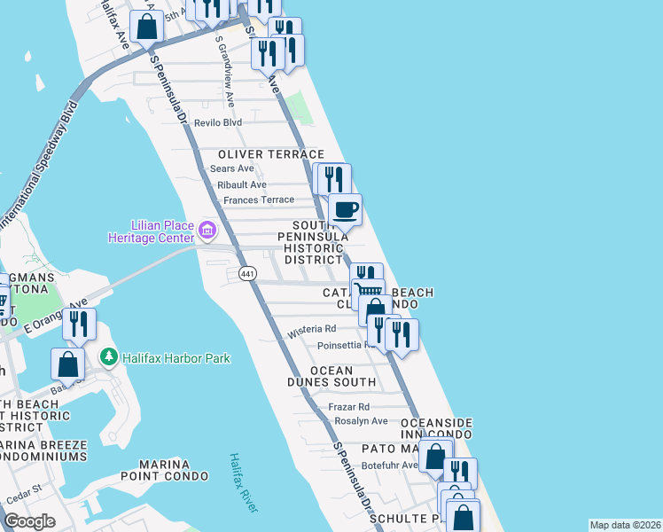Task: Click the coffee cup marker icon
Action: click(345, 211)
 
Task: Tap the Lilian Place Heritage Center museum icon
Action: click(207, 231)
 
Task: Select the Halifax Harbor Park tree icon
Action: click(109, 357)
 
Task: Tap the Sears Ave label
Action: click(231, 168)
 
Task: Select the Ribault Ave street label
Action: click(241, 184)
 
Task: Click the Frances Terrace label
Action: click(258, 200)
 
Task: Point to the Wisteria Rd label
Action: click(310, 332)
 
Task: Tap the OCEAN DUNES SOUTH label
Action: click(331, 377)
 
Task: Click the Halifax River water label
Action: click(243, 482)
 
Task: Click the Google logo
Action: click(29, 521)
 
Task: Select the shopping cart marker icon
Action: click(368, 292)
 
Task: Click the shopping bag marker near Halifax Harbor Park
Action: click(68, 363)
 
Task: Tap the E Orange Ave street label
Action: click(55, 315)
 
